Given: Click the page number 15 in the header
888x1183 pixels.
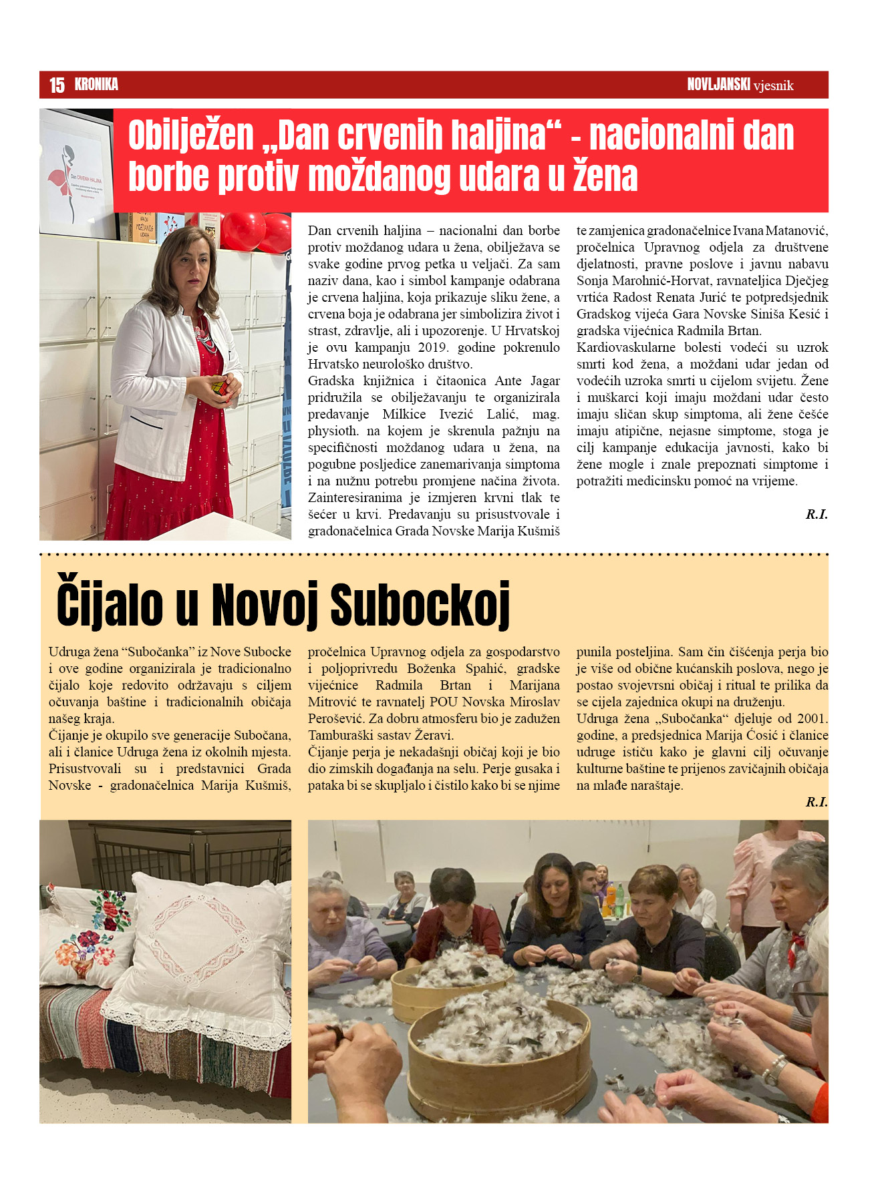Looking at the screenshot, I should [57, 85].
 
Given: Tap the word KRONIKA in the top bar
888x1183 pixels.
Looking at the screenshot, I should [96, 85].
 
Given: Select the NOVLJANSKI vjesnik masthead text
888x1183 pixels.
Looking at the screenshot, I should [740, 85].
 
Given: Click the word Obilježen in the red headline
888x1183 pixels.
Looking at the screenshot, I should [190, 136].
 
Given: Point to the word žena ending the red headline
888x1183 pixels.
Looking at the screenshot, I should [605, 176].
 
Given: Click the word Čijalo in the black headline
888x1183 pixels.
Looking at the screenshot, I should [110, 605].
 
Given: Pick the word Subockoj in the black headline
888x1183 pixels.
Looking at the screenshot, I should [420, 605].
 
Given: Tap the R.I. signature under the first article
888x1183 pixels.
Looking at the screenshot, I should [816, 514].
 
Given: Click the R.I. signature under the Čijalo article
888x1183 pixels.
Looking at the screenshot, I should [816, 802].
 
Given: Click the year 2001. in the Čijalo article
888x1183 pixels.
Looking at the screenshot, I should [812, 719].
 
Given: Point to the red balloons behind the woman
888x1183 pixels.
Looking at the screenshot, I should [257, 231].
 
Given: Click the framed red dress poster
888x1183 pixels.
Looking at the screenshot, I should [76, 174].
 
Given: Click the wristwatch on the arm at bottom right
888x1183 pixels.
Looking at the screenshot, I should [774, 1069].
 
